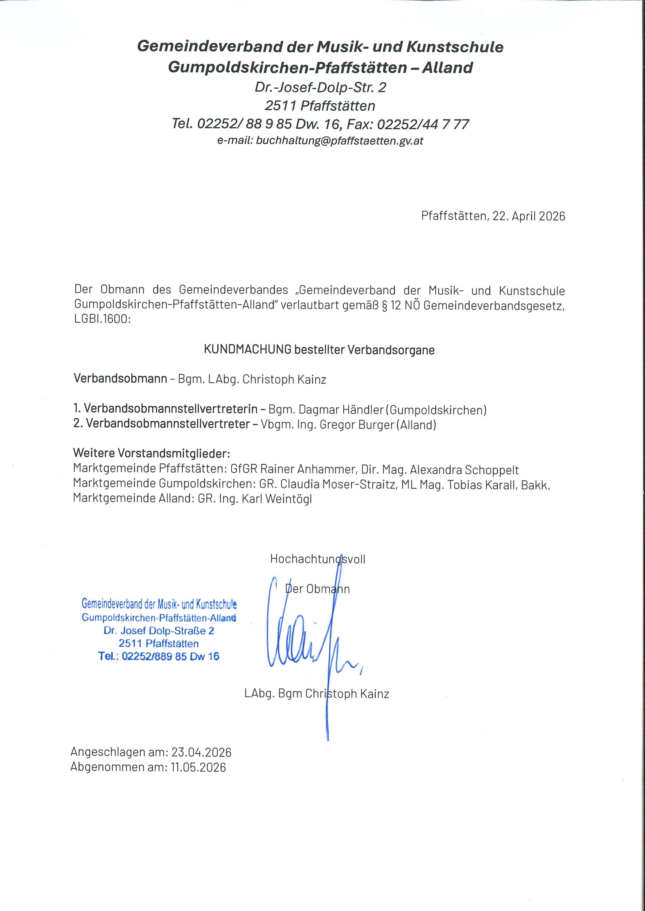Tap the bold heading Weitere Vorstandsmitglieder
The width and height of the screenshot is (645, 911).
tap(152, 453)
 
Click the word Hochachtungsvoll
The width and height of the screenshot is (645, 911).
tap(317, 559)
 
